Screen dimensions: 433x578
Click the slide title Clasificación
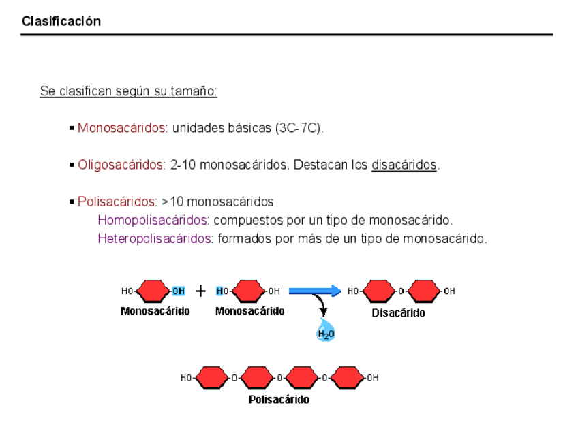click(x=61, y=21)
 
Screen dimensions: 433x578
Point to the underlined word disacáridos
click(x=404, y=165)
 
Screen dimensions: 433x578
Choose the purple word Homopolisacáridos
click(x=153, y=221)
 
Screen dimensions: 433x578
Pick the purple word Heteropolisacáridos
click(x=155, y=239)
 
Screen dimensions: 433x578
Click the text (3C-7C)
click(x=299, y=127)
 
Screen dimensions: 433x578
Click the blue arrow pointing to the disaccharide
click(x=314, y=291)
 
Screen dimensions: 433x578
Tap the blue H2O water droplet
click(x=326, y=331)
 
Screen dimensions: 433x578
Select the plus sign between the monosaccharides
click(x=200, y=291)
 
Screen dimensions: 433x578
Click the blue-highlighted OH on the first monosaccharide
click(x=178, y=291)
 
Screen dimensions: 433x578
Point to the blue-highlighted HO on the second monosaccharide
click(x=222, y=291)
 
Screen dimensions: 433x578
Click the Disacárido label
click(x=398, y=313)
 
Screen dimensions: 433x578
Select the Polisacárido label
click(x=279, y=400)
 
